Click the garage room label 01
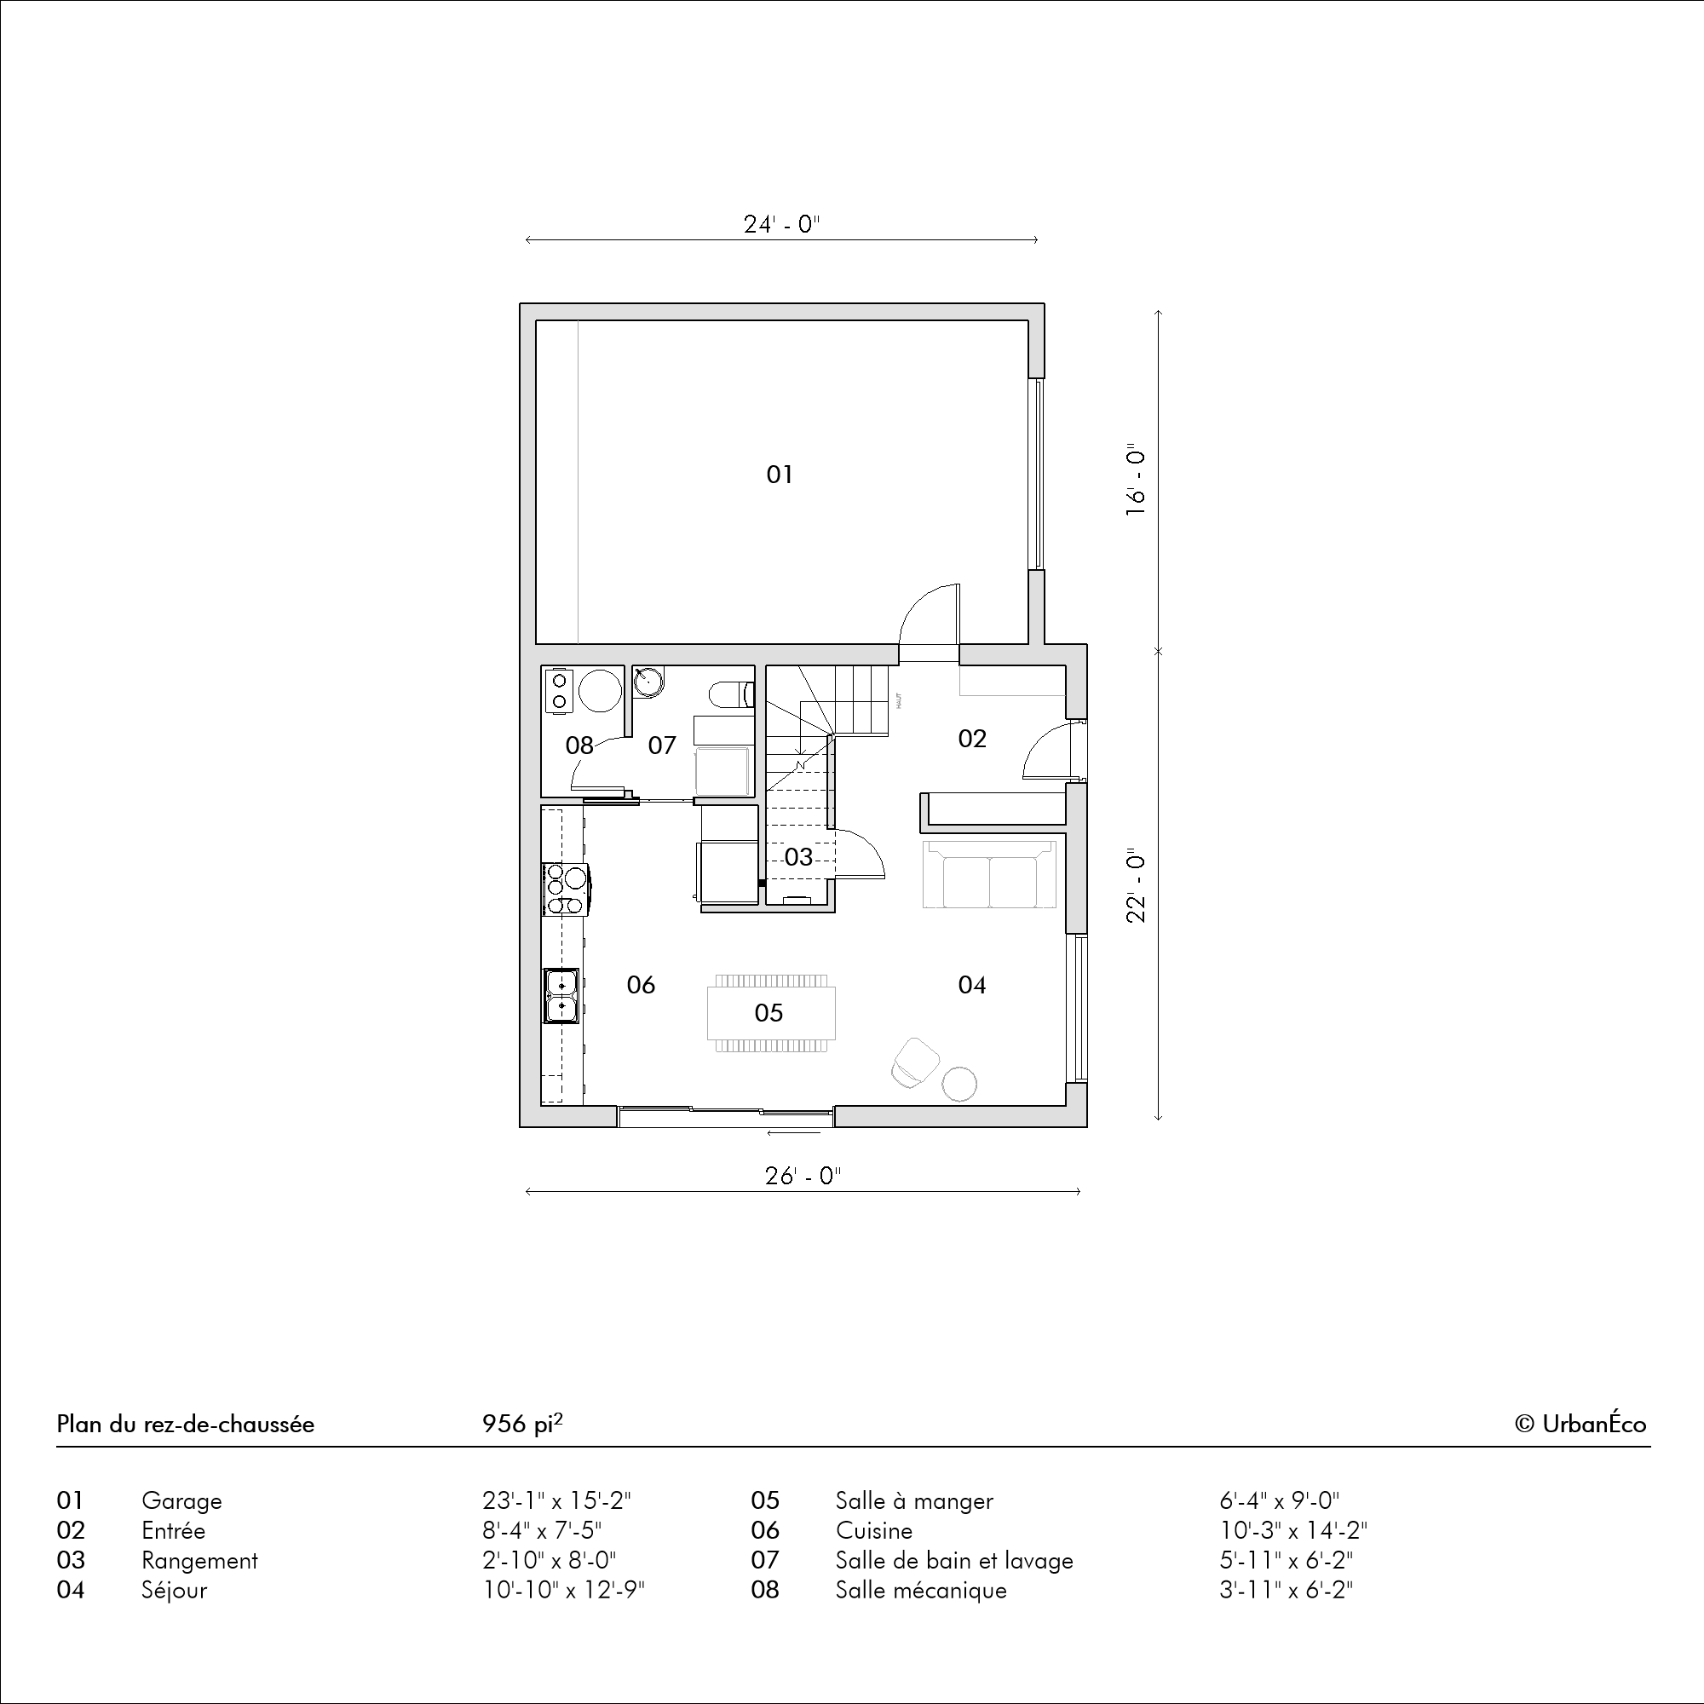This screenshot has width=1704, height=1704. pyautogui.click(x=779, y=475)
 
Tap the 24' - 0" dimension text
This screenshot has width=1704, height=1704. pyautogui.click(x=781, y=225)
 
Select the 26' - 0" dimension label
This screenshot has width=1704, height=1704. pyautogui.click(x=803, y=1177)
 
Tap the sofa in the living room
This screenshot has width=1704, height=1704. pyautogui.click(x=989, y=874)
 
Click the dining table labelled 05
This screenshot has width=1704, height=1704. pyautogui.click(x=771, y=1013)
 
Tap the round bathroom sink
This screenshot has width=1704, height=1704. pyautogui.click(x=648, y=681)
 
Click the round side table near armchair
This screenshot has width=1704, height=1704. pyautogui.click(x=958, y=1084)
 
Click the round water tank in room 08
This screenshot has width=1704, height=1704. pyautogui.click(x=600, y=691)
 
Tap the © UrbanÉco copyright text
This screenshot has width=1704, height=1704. pyautogui.click(x=1580, y=1425)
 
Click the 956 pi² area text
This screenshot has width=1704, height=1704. pyautogui.click(x=523, y=1424)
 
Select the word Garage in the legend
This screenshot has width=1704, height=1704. pyautogui.click(x=181, y=1501)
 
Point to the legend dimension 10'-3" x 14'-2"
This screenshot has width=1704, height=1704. pyautogui.click(x=1294, y=1530)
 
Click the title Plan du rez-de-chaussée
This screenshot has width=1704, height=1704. pyautogui.click(x=185, y=1425)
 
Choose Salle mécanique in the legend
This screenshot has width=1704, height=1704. pyautogui.click(x=921, y=1590)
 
